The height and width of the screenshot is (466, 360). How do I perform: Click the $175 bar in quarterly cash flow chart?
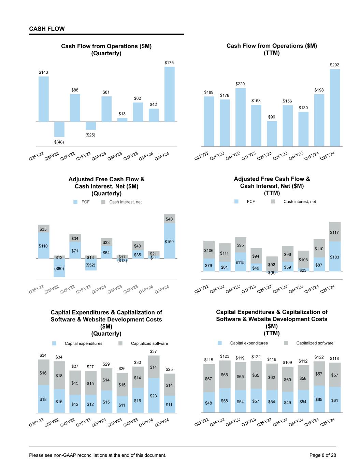pos(169,94)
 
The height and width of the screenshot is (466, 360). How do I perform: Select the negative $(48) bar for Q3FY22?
pos(59,129)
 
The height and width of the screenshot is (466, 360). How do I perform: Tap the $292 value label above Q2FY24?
pos(334,65)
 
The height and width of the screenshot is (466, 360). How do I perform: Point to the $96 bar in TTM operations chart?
pos(272,133)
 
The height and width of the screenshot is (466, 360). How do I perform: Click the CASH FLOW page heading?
pos(47,29)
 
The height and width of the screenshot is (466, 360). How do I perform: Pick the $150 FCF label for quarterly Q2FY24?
pos(169,242)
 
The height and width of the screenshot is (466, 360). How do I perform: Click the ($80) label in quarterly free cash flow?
pos(59,269)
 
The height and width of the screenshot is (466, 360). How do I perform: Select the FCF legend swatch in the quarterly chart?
pos(76,202)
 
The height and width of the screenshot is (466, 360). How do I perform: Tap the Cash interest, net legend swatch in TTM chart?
pos(273,202)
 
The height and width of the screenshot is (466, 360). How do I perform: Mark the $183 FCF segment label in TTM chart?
pos(334,257)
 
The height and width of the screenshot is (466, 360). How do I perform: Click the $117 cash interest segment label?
pos(334,232)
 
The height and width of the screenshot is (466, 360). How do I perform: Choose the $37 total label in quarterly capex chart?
pos(154,351)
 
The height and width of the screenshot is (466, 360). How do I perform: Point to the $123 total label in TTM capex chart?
pos(225,356)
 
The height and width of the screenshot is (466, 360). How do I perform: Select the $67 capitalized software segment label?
pos(208,379)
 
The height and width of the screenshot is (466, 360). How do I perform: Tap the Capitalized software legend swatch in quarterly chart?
pos(120,343)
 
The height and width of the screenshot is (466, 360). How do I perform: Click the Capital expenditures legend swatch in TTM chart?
pos(220,343)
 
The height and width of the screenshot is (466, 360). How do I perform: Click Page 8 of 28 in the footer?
pos(322,455)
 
